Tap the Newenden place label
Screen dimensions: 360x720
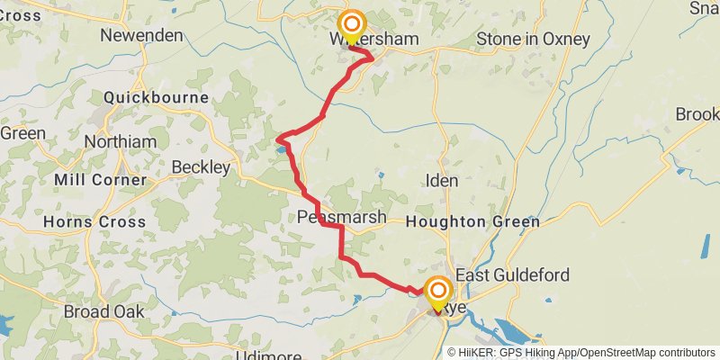141,36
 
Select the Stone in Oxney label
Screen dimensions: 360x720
533,39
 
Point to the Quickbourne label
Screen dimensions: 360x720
157,97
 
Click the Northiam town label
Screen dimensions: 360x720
120,142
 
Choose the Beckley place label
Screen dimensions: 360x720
201,167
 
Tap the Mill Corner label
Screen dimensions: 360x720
100,180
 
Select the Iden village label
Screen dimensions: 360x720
442,181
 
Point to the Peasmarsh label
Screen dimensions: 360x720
342,217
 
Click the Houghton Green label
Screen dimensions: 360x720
473,221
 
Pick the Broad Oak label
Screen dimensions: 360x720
104,311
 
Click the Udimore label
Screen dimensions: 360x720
265,355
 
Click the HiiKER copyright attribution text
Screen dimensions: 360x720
581,352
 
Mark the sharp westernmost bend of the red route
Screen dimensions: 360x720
278,139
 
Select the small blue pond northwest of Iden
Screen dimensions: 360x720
382,174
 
